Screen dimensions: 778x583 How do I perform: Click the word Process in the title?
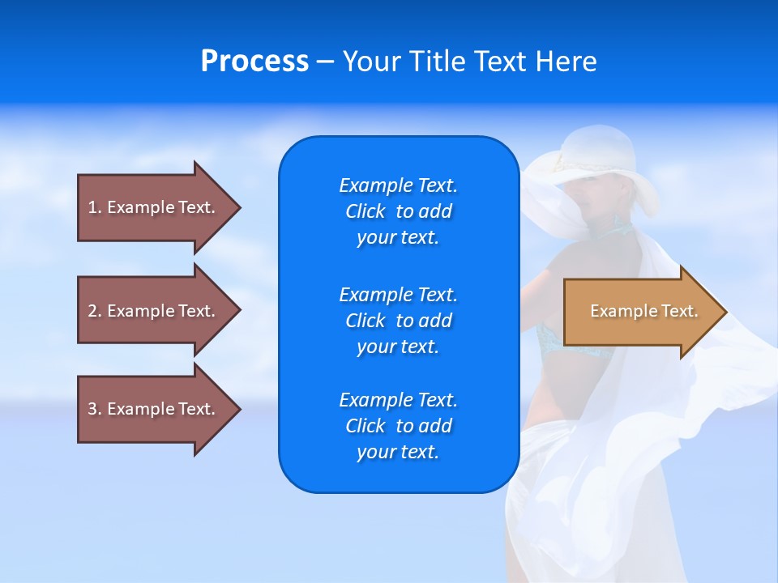(254, 61)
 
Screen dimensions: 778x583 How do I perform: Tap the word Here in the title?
(566, 61)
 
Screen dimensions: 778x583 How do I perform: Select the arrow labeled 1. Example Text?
(159, 208)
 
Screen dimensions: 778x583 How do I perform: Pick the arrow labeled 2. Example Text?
(159, 310)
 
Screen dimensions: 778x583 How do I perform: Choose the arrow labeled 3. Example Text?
(159, 409)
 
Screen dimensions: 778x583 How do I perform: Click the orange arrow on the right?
(645, 312)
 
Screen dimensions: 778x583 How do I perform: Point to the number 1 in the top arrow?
(92, 207)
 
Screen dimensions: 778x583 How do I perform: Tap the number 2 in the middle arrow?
(92, 311)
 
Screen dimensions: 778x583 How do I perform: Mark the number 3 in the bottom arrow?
(92, 408)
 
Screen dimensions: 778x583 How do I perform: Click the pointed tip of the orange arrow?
(727, 312)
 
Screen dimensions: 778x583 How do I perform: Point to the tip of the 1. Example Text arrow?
(241, 208)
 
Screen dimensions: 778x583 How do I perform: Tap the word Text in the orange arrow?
(680, 311)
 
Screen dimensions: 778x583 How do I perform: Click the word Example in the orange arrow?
(624, 311)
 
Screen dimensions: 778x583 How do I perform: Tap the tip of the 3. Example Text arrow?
(241, 409)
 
